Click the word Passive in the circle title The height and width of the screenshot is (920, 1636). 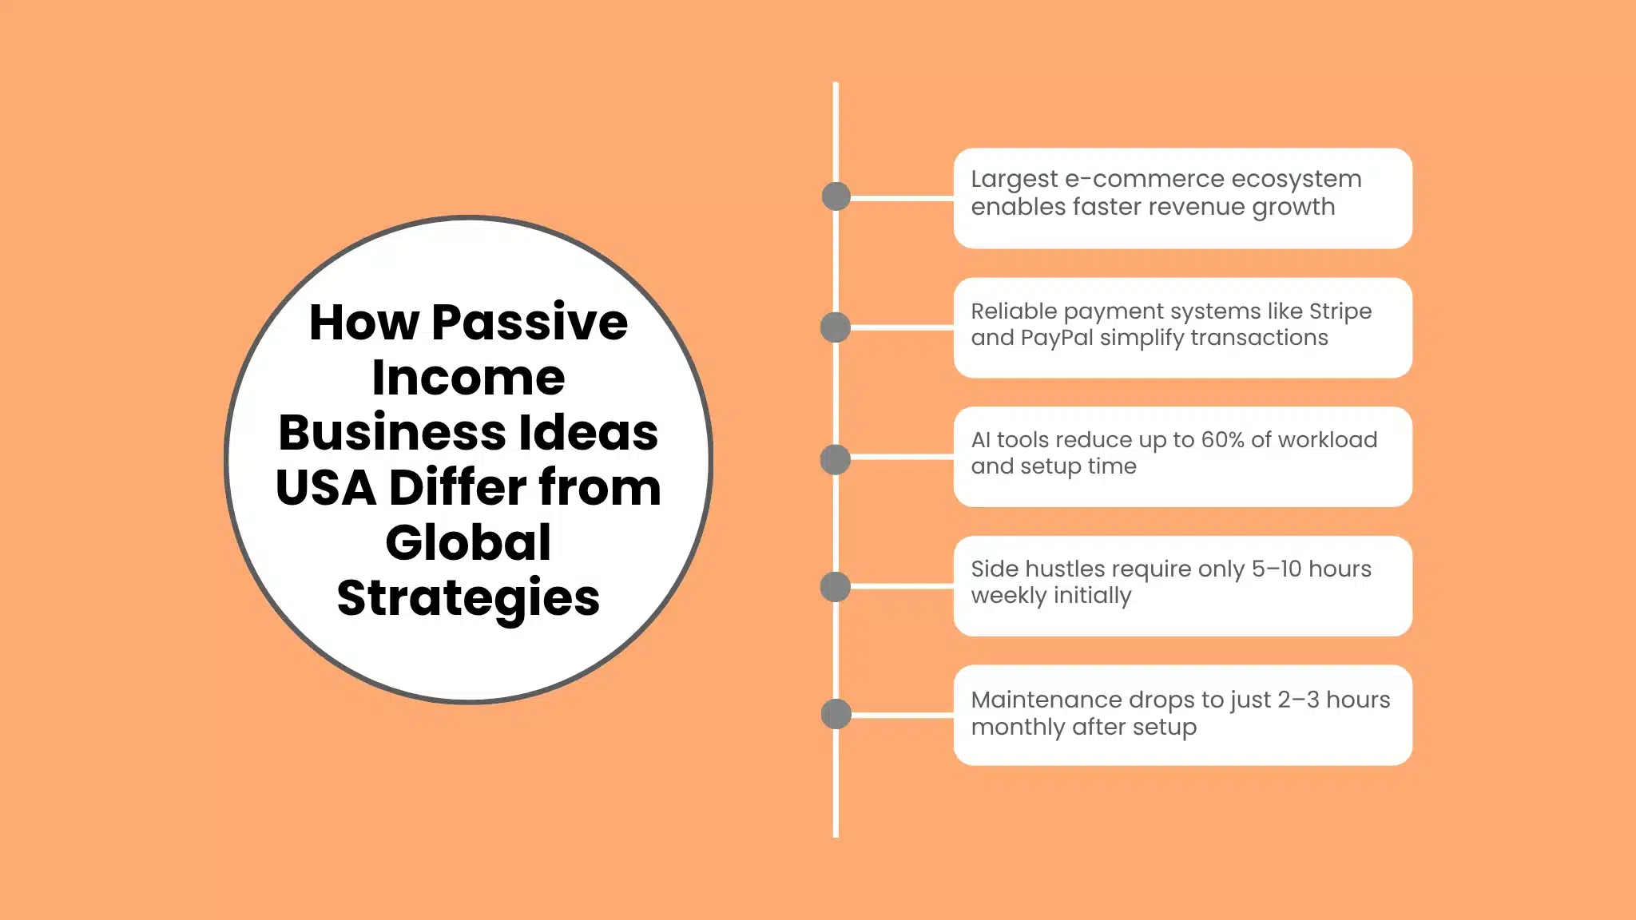coord(530,323)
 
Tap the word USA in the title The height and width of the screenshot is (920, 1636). coord(325,488)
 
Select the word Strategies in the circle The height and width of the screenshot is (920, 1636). coord(468,598)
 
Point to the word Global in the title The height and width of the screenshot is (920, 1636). coord(468,543)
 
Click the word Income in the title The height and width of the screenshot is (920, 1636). coord(468,378)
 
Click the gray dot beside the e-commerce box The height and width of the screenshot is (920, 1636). coord(836,196)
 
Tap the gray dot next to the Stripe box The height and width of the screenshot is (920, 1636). coord(836,327)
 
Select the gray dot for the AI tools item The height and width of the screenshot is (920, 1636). coord(836,459)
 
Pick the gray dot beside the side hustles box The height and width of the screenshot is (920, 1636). coord(836,587)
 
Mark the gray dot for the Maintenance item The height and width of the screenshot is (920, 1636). coord(836,714)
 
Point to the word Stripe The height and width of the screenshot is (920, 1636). coord(1340,311)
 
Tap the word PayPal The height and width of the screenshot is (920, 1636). coord(1056,339)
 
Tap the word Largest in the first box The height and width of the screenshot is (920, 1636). coord(1014,180)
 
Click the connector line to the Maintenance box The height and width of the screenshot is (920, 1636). coord(903,716)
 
